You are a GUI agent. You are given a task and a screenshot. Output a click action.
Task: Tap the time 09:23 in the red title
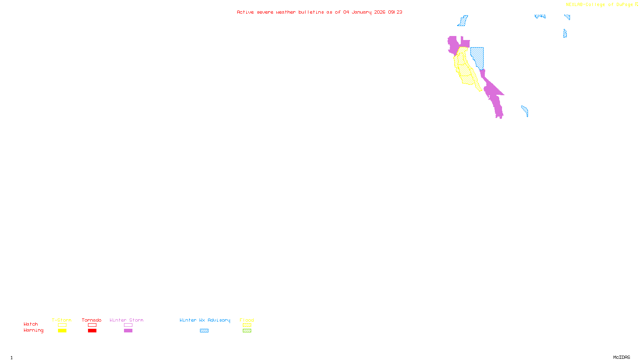pyautogui.click(x=395, y=12)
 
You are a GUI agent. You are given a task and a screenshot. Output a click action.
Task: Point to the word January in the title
pyautogui.click(x=361, y=12)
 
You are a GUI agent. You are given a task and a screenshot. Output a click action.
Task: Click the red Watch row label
pyautogui.click(x=31, y=324)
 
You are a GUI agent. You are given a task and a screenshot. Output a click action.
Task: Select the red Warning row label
pyautogui.click(x=34, y=330)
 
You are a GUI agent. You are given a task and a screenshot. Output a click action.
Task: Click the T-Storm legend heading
pyautogui.click(x=62, y=320)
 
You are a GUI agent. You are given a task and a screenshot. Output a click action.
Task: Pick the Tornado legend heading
pyautogui.click(x=92, y=320)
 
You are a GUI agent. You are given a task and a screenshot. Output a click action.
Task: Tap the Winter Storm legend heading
pyautogui.click(x=126, y=320)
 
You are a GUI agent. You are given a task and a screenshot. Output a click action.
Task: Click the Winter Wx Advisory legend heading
pyautogui.click(x=205, y=320)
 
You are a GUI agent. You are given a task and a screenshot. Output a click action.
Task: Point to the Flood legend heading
pyautogui.click(x=247, y=320)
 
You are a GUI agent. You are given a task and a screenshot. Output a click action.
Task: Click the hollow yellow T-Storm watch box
pyautogui.click(x=62, y=325)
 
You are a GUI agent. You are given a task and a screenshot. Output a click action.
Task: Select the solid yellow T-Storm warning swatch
pyautogui.click(x=62, y=331)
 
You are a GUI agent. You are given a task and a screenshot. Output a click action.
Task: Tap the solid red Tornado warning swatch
pyautogui.click(x=92, y=331)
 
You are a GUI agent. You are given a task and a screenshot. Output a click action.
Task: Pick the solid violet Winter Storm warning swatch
pyautogui.click(x=128, y=331)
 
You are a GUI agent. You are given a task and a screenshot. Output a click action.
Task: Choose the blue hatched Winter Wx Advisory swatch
pyautogui.click(x=204, y=331)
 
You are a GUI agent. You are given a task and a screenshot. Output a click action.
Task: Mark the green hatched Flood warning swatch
pyautogui.click(x=247, y=331)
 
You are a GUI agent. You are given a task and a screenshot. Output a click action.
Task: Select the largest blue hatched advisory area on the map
pyautogui.click(x=478, y=56)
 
